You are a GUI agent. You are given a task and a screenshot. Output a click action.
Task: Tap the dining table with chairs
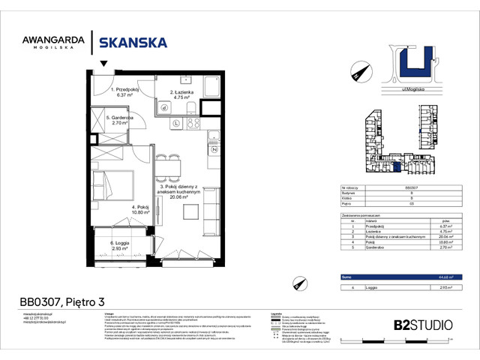[x=169, y=165]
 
